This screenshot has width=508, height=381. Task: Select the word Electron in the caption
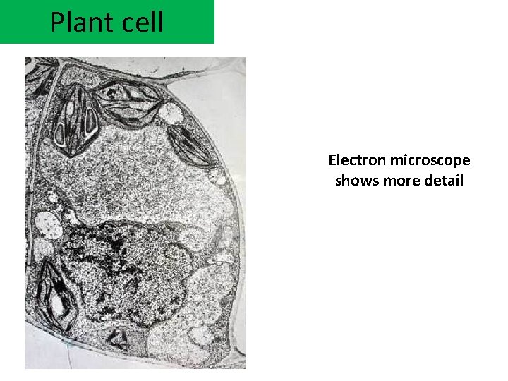tap(356, 161)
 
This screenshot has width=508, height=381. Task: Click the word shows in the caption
tap(356, 181)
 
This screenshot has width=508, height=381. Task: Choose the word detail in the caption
tap(443, 181)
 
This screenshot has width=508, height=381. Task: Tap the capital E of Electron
tap(332, 161)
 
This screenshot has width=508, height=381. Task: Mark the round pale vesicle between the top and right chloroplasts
tap(170, 112)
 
